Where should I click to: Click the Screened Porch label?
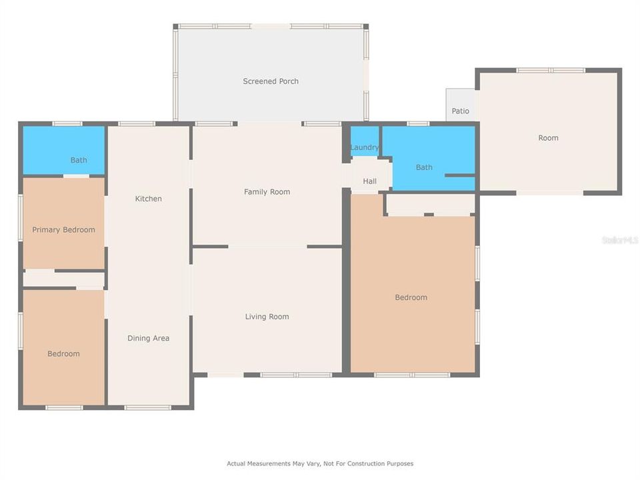pos(270,81)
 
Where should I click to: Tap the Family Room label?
pos(267,192)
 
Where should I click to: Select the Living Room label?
pos(267,317)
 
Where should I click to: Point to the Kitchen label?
pos(148,199)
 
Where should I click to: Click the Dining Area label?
pos(148,338)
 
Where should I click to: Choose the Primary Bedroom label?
pos(63,230)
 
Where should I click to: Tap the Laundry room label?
pos(365,147)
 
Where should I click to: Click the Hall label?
pos(369,181)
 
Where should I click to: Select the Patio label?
pos(460,111)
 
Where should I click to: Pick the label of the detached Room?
pos(548,138)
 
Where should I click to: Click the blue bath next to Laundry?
pos(424,167)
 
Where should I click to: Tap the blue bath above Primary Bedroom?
pos(79,160)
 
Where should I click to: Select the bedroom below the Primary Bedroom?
pos(63,354)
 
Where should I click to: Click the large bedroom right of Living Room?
pos(411,297)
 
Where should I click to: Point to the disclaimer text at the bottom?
pos(320,463)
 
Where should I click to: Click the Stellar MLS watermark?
pos(619,240)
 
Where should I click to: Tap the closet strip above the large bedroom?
pos(430,205)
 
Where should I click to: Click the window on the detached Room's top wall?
pos(551,70)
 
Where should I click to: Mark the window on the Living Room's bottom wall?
pos(296,375)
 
